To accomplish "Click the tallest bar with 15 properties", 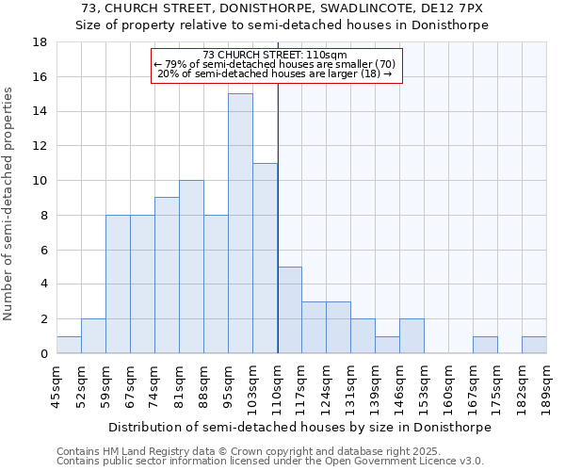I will coord(240,223).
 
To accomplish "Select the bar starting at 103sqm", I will coord(265,258).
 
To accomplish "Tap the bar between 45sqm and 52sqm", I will coord(69,345).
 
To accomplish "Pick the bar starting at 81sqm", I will coord(191,267).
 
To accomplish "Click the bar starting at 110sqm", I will coord(289,310).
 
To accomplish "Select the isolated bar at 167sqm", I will coord(485,345).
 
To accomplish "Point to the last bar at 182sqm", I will coord(534,345).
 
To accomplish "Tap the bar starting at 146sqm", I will coord(412,336).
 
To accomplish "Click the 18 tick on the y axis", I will coord(40,42).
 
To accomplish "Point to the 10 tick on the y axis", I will coord(40,181).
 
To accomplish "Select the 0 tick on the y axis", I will coord(43,353).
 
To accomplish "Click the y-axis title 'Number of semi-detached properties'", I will coord(9,203).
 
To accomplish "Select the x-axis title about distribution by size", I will coord(299,427).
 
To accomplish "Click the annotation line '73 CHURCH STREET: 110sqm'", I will coord(276,55).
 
